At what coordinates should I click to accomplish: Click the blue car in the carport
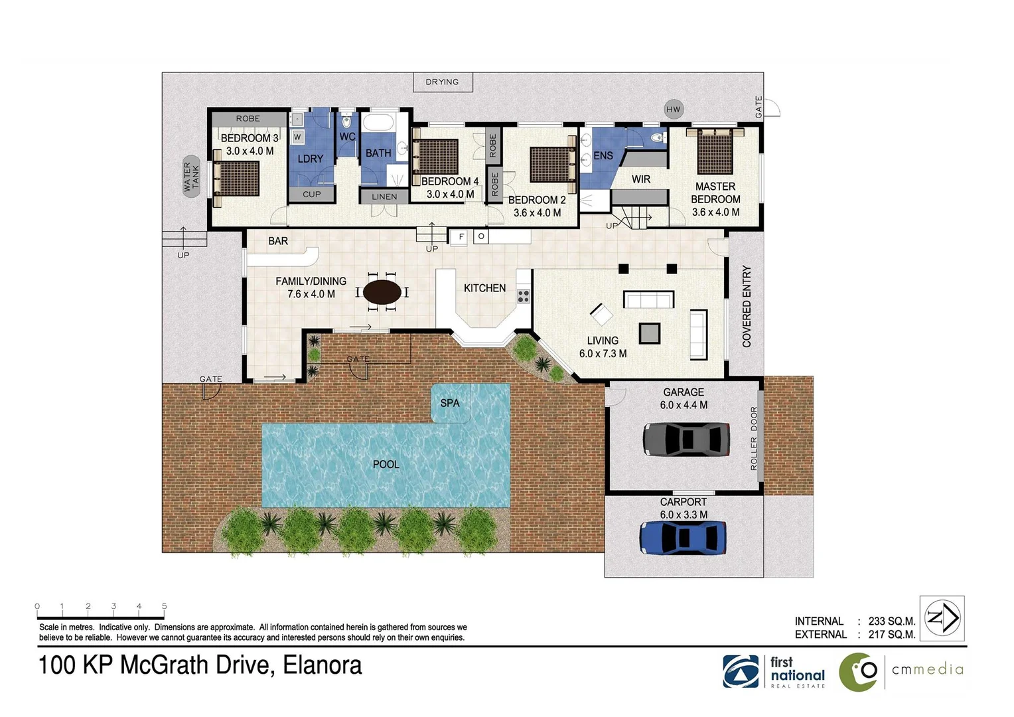tap(683, 538)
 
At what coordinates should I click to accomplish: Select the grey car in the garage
tap(686, 439)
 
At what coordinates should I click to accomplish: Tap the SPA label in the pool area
tap(450, 403)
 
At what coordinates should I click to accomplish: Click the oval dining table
tap(382, 292)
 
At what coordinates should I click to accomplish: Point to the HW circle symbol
tap(673, 110)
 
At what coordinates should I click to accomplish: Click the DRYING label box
tap(443, 82)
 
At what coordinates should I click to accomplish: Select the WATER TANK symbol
tap(191, 177)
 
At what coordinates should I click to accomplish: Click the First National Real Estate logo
tap(774, 672)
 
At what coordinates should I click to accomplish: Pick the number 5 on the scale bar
tap(164, 606)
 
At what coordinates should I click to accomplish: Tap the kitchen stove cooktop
tap(523, 296)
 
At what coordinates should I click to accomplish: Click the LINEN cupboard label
tap(384, 197)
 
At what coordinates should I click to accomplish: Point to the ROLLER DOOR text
tap(753, 438)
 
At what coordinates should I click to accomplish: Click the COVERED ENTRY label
tap(747, 306)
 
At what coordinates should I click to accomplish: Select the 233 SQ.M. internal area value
tap(891, 621)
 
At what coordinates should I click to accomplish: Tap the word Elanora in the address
tap(323, 665)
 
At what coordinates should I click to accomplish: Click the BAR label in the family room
tap(278, 241)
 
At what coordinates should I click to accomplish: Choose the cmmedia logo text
tap(927, 669)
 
